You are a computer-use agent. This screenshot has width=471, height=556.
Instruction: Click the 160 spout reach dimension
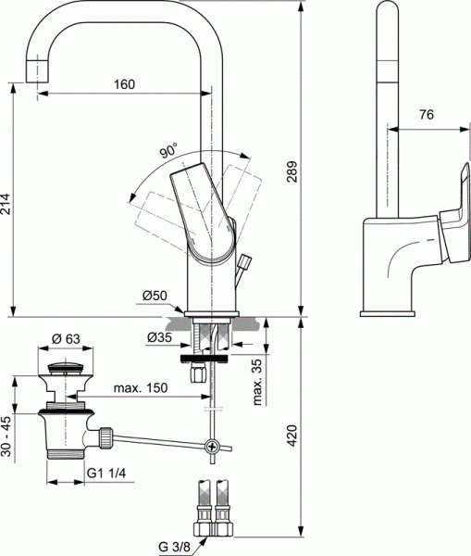[125, 84]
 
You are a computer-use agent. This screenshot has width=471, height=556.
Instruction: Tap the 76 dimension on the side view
[427, 115]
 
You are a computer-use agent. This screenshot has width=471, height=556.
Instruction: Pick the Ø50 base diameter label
[154, 296]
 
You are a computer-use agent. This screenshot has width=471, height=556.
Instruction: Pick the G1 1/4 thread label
[107, 473]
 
